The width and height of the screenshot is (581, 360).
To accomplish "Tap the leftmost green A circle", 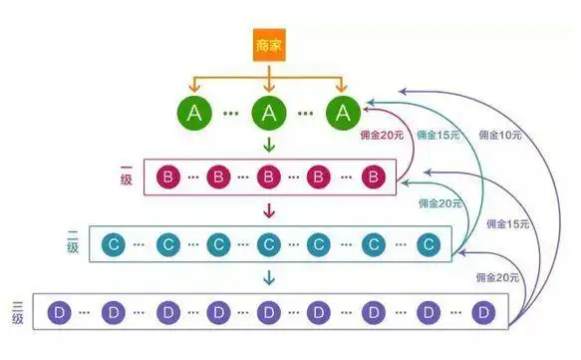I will point(195,113).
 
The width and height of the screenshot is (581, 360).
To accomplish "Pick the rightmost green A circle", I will point(343,113).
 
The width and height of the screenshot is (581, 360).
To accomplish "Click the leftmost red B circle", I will point(167,178).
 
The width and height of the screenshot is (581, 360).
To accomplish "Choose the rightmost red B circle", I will point(372,178).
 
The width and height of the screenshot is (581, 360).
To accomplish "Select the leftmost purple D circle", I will point(57,312).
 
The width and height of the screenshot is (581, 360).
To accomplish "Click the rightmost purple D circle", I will point(483,312).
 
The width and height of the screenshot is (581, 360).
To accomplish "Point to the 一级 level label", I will point(126,178).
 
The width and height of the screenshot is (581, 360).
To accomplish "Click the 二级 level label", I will point(72,242).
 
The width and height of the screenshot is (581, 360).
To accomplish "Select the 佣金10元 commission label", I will point(497,133).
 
